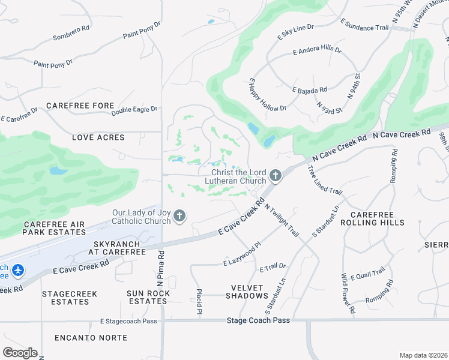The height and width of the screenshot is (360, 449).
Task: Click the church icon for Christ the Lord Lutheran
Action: click(x=276, y=176)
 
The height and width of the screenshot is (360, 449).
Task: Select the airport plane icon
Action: click(x=18, y=271)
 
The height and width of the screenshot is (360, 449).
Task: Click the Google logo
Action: click(x=20, y=352)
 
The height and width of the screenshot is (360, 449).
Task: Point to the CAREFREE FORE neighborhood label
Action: click(x=80, y=106)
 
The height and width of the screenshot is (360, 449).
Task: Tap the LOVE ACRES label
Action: click(x=98, y=137)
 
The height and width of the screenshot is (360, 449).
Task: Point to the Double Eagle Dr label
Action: click(x=134, y=110)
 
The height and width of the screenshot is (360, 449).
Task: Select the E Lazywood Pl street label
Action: click(x=243, y=254)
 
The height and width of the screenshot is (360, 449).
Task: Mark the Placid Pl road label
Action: click(x=198, y=302)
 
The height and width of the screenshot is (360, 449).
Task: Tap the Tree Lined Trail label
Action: click(x=324, y=179)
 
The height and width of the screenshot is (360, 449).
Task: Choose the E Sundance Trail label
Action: click(x=364, y=25)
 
